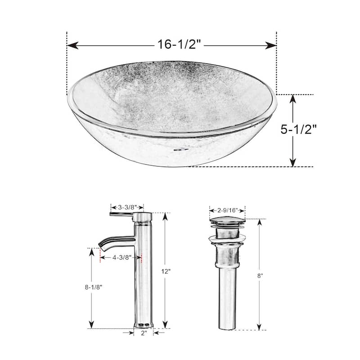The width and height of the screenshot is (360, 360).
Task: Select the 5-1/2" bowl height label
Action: [299, 130]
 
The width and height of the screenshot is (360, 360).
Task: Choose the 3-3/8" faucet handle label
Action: [127, 208]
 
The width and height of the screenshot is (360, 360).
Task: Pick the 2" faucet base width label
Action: [144, 333]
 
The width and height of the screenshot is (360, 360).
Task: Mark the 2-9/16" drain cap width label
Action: [227, 210]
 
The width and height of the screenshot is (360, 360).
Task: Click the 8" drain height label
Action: [260, 276]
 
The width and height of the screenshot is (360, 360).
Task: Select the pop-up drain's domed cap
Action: [227, 221]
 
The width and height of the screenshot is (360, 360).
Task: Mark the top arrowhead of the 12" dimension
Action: [165, 216]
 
